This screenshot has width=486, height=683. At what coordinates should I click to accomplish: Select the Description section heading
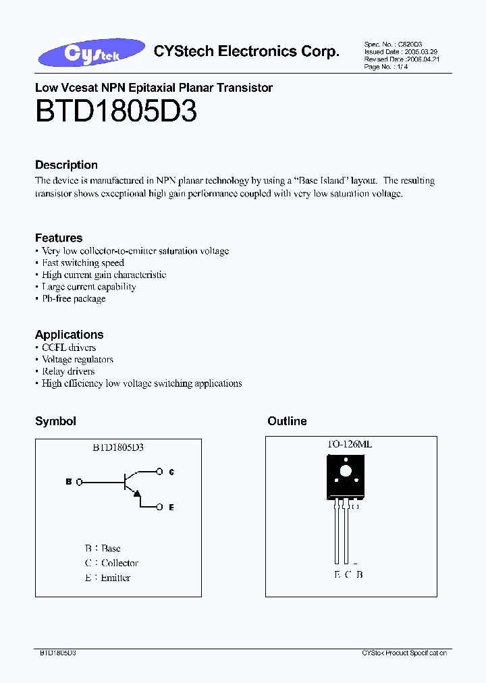pos(66,165)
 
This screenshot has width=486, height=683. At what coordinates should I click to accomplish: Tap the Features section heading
pos(59,238)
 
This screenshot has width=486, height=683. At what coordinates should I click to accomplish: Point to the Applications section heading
pos(69,335)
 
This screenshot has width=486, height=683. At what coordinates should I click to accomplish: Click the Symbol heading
pos(55,421)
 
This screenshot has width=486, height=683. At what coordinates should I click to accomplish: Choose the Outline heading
pos(287,421)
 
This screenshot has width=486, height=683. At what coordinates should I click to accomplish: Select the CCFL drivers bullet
pos(68,348)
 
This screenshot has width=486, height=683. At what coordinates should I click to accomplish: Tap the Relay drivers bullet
pos(67,371)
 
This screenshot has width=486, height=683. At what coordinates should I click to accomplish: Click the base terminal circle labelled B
pos(80,482)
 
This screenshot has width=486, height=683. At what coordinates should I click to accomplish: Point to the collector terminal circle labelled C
pos(159,472)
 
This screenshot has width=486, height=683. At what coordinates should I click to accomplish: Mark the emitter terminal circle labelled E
pos(159,507)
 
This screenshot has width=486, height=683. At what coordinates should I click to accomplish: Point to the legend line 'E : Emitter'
pos(107,578)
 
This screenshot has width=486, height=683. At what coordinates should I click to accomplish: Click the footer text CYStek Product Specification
pos(404,653)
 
